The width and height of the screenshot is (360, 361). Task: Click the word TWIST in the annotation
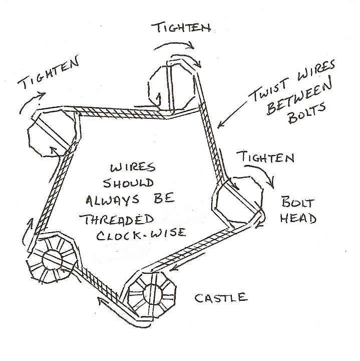pos(269,89)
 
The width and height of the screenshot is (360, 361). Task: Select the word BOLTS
pos(307,113)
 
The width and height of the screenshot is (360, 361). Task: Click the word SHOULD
pos(128,184)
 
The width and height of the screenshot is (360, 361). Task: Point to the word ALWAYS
pos(113,200)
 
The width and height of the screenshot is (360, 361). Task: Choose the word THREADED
pos(117,220)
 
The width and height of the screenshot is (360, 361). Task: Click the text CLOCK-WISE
pos(141,234)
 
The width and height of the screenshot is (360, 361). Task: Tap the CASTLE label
pos(221,298)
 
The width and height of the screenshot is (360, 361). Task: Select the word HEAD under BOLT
pos(298,218)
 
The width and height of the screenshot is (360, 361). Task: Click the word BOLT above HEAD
pos(298,202)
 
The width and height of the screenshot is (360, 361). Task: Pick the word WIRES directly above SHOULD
pos(133,167)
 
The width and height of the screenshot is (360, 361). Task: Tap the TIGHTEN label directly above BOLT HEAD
pos(265,157)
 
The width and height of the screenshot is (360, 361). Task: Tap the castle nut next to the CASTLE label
pos(152,295)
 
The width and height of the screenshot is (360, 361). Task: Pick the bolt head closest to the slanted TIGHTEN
pos(52,133)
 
